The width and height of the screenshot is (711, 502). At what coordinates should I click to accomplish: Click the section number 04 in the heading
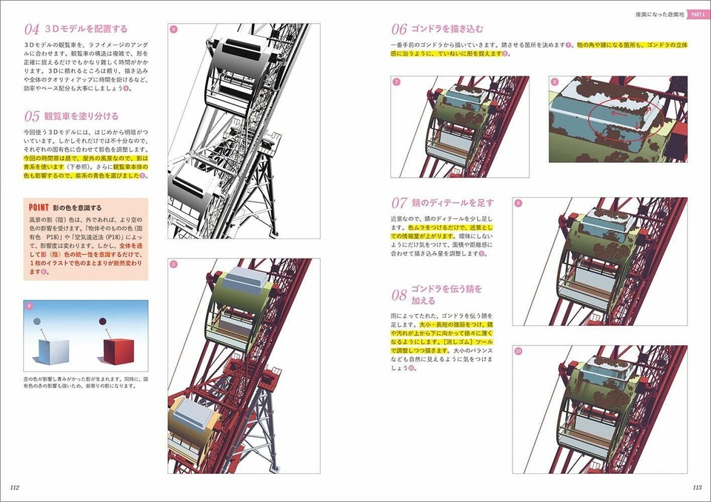tap(31, 30)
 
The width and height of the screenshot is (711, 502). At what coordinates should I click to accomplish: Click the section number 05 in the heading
tap(31, 116)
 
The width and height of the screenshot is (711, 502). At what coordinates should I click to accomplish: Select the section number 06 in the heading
tap(398, 30)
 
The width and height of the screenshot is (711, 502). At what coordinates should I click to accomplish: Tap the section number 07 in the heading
tap(398, 203)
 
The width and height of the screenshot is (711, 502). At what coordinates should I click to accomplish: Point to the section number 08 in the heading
tap(398, 295)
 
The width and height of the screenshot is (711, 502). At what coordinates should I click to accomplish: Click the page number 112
tap(15, 487)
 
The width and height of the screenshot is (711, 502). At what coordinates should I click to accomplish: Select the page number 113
tap(696, 487)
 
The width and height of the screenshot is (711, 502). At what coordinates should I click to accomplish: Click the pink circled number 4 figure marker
tap(173, 30)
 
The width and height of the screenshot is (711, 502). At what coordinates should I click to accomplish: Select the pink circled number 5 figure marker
tap(173, 264)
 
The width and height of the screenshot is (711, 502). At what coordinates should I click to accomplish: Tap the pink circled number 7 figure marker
tap(396, 81)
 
